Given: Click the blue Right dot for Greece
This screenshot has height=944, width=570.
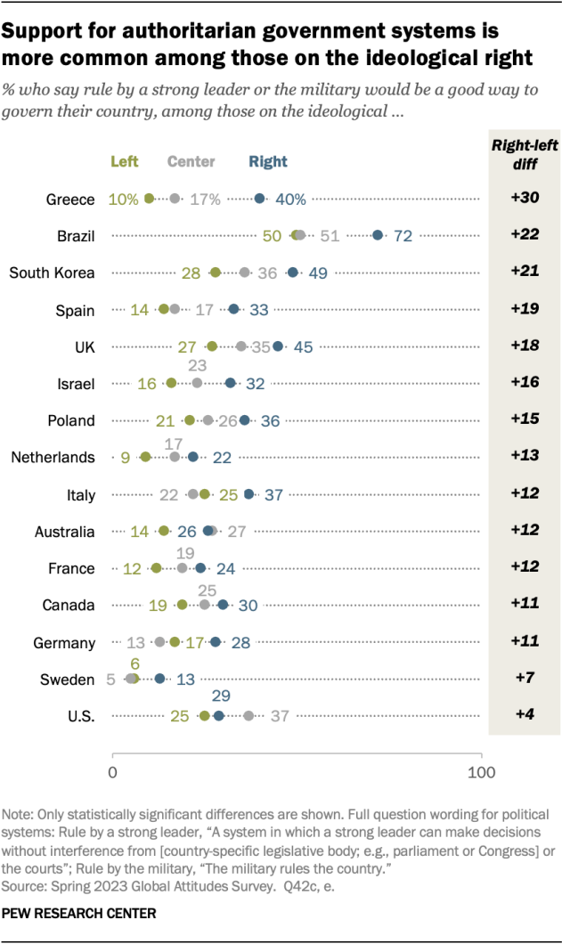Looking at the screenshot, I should [260, 199].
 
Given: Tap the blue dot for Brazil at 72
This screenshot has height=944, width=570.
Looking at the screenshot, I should [378, 235].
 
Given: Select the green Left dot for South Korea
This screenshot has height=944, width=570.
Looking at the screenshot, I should [215, 273].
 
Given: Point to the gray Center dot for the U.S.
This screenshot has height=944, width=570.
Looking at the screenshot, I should [248, 716].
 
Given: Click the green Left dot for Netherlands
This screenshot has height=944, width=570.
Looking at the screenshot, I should [145, 457].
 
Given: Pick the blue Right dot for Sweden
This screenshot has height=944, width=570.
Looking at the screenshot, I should [160, 679].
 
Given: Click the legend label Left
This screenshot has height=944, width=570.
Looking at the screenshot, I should [125, 161].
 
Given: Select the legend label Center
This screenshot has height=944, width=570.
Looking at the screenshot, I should [191, 161].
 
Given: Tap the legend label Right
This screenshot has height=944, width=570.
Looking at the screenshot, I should [268, 161].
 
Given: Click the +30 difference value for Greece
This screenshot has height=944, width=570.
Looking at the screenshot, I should [525, 199].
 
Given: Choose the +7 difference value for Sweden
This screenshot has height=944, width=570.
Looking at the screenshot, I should [525, 679].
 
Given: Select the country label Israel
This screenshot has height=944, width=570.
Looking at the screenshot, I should [76, 383].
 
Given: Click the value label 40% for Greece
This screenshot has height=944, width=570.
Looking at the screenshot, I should [289, 199].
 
